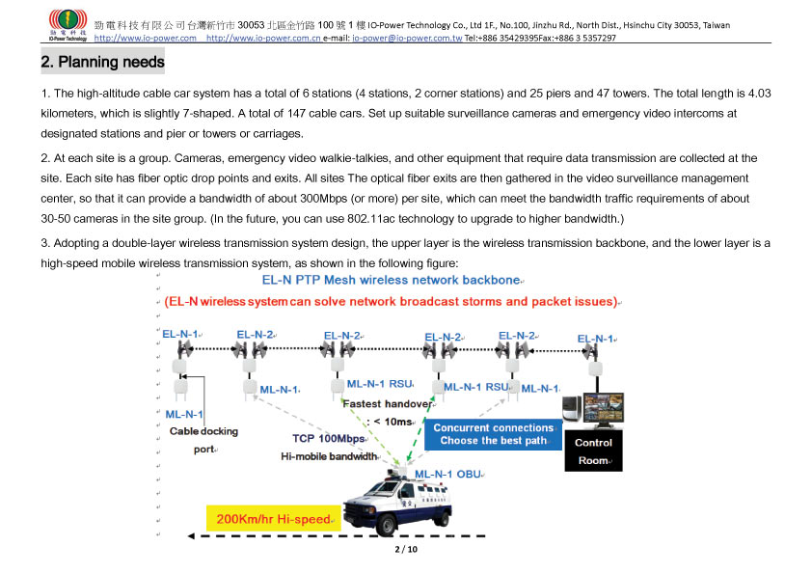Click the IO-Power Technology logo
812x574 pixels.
click(68, 25)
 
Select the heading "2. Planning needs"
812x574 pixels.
click(102, 63)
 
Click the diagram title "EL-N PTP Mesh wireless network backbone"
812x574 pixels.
click(391, 281)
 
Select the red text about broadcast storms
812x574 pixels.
click(391, 302)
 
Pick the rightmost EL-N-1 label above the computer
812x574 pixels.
click(596, 339)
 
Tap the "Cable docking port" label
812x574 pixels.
click(203, 440)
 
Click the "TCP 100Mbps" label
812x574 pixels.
click(329, 438)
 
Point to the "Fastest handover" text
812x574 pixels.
click(389, 403)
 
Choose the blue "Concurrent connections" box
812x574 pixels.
click(494, 434)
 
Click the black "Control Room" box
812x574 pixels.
click(593, 451)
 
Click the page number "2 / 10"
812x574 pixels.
click(406, 550)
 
